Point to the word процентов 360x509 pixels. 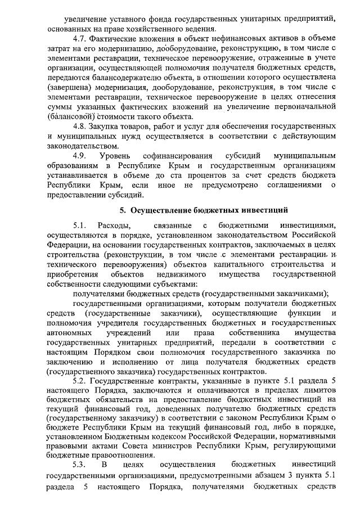pyautogui.click(x=208, y=174)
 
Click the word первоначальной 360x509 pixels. pyautogui.click(x=308, y=106)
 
